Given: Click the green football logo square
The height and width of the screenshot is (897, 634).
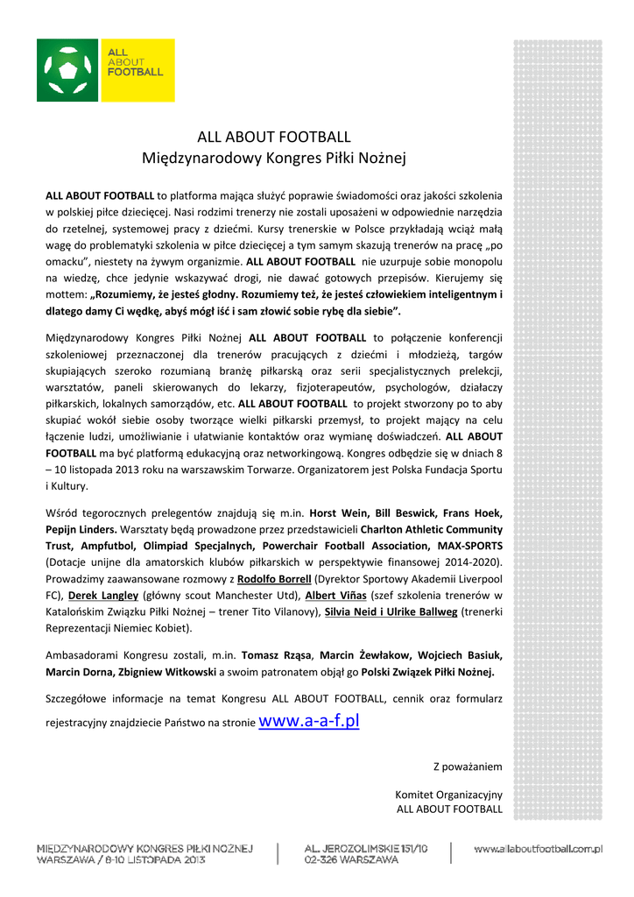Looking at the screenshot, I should click(x=67, y=70).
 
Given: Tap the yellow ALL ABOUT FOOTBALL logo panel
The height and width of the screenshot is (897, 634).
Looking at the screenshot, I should click(x=137, y=70).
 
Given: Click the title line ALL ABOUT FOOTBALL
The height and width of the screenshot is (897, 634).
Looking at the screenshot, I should click(x=274, y=137).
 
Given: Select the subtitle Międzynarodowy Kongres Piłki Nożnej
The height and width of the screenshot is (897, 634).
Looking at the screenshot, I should click(x=274, y=159).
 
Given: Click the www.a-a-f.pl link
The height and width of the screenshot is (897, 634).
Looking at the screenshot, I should click(x=310, y=722).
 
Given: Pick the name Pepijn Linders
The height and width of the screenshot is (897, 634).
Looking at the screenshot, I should click(x=81, y=530).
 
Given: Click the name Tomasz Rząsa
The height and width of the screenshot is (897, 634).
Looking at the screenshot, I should click(x=275, y=655).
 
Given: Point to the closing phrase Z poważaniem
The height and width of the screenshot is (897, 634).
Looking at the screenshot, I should click(x=468, y=766).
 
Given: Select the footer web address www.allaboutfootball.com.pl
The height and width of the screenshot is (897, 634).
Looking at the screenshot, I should click(x=539, y=848).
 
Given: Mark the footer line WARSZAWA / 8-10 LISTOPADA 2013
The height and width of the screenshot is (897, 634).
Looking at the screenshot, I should click(x=121, y=860).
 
